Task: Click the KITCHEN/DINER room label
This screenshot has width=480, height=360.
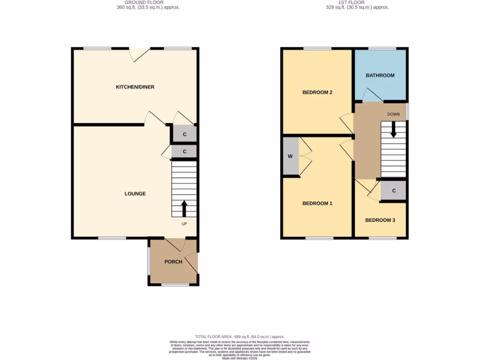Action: click(x=135, y=87)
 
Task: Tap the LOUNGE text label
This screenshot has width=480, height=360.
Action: click(x=135, y=194)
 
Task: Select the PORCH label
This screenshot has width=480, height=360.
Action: click(x=173, y=262)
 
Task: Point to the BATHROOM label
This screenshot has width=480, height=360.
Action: click(x=380, y=75)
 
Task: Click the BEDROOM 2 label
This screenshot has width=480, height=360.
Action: click(x=317, y=92)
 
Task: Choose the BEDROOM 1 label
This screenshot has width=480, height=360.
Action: click(x=317, y=203)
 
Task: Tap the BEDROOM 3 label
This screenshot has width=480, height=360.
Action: click(x=380, y=220)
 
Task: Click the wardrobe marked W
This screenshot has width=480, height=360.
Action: click(x=290, y=156)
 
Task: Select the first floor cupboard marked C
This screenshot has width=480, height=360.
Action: click(x=394, y=191)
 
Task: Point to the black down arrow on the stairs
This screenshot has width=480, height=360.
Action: click(x=393, y=130)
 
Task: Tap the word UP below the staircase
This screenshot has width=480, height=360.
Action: click(x=184, y=224)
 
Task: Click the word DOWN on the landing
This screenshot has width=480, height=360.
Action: click(x=393, y=114)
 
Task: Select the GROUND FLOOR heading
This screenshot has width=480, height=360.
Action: click(x=148, y=3)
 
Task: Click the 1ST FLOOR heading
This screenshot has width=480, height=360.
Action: click(x=357, y=3)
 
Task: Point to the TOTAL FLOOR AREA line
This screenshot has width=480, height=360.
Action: click(x=240, y=337)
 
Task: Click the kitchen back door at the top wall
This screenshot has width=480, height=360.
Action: click(x=139, y=54)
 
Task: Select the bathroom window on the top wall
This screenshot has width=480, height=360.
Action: click(x=382, y=48)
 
